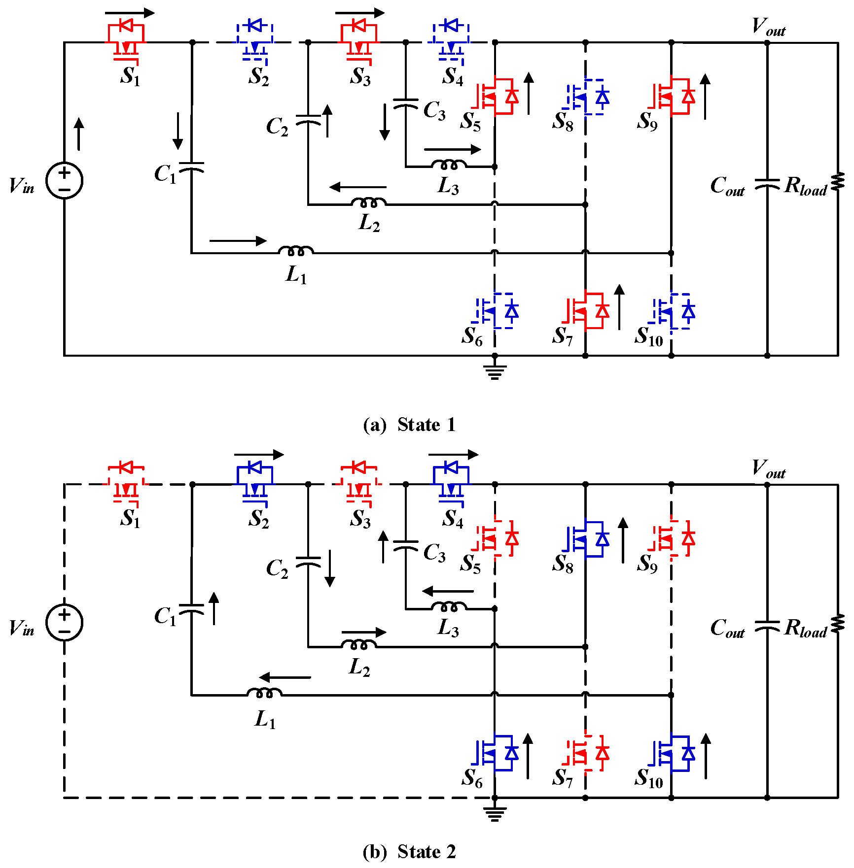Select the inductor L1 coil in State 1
[295, 251]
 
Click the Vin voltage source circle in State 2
[65, 622]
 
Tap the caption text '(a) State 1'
[409, 425]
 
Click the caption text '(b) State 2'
[409, 851]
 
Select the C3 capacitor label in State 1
[434, 111]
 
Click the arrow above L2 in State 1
[358, 187]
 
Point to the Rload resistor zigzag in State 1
[838, 181]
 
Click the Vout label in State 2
[768, 468]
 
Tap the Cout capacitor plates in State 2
[767, 627]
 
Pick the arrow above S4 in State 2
[453, 454]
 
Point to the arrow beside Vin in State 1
[79, 134]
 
